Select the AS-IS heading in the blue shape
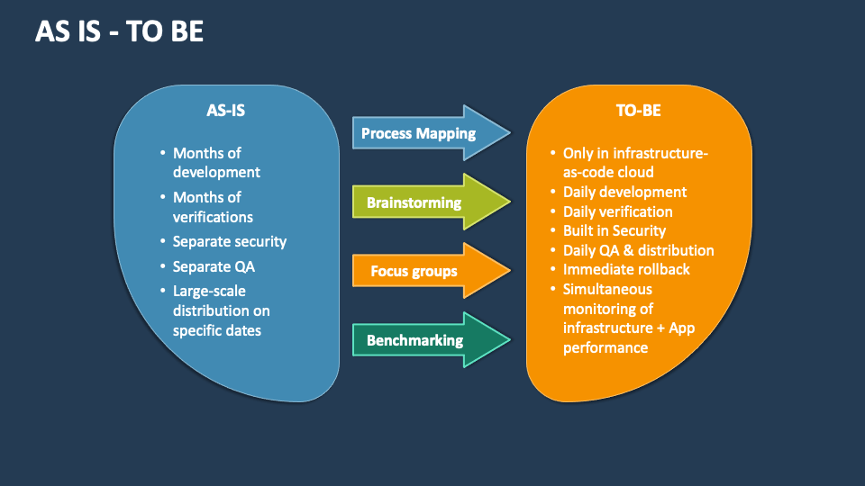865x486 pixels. [x=225, y=111]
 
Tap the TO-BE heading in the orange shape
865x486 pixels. [x=638, y=111]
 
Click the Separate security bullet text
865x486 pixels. [x=230, y=241]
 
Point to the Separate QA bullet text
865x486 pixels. [x=214, y=266]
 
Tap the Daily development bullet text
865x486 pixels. [x=624, y=192]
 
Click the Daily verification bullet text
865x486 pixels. [x=617, y=211]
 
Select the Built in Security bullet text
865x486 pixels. [x=615, y=231]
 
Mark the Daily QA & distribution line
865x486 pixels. [x=638, y=250]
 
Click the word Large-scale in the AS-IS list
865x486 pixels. [x=209, y=291]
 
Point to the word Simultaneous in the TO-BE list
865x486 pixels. [x=607, y=289]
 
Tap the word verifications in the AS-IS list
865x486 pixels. [x=213, y=217]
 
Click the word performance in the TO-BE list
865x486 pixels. [x=605, y=347]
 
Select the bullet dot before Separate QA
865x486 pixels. [x=162, y=267]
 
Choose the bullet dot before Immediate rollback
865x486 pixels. [x=552, y=270]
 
